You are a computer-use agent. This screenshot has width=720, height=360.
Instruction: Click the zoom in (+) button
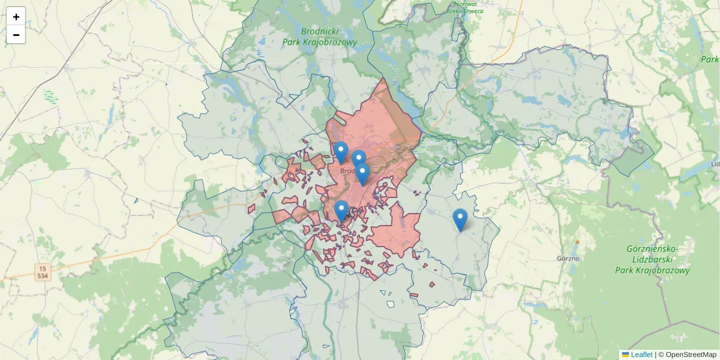16,17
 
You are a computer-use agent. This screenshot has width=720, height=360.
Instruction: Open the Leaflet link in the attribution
641,355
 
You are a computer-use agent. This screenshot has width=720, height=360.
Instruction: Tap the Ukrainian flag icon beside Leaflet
625,355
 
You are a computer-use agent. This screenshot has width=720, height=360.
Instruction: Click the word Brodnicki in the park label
320,31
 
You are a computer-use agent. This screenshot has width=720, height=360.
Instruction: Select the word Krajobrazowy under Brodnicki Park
334,42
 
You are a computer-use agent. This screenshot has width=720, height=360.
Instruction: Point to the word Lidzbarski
652,259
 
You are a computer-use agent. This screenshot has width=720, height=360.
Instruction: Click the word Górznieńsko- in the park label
652,248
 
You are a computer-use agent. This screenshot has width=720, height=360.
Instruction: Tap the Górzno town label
568,259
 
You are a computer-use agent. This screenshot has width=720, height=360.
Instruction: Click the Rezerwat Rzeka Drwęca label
469,7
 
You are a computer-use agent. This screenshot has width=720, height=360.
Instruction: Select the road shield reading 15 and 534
42,272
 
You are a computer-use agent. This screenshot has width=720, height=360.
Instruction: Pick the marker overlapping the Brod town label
362,175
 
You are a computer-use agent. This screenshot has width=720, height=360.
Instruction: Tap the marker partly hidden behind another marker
359,160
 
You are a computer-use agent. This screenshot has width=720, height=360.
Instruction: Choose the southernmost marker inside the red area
341,212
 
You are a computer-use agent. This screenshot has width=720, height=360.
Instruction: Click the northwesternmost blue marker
341,152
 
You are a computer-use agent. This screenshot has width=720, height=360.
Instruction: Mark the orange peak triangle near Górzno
577,242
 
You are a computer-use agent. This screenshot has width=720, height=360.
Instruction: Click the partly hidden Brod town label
347,170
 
